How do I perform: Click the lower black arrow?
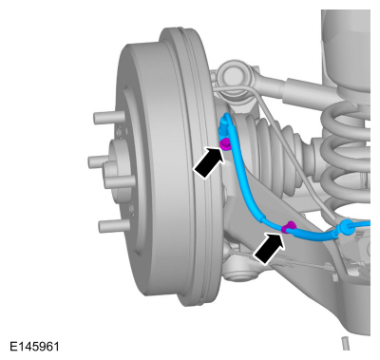tap(269, 247)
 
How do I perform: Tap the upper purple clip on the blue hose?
tap(225, 144)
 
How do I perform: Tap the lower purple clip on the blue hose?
tap(290, 227)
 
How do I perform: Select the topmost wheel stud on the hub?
tap(103, 119)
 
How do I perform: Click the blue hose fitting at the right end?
tap(348, 228)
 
